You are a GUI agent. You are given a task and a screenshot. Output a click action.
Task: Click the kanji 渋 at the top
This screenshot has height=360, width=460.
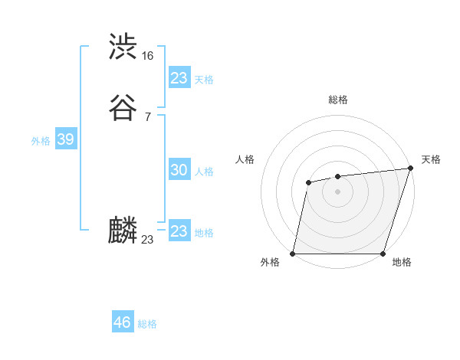(123, 47)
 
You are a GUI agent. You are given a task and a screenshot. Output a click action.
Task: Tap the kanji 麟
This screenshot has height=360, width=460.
(123, 231)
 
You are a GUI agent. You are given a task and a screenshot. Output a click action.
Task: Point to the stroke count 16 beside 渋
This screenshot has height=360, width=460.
(147, 56)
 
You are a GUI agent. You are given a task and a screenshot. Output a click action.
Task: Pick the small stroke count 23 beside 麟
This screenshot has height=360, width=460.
(147, 240)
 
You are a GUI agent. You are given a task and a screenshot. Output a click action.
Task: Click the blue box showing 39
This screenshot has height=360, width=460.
(65, 139)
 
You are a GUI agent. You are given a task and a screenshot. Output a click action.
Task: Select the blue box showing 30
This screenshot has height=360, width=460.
(179, 170)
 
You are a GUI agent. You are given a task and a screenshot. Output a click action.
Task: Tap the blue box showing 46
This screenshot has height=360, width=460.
(122, 322)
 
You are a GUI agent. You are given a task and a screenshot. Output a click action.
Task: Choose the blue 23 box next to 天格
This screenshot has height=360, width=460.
(179, 78)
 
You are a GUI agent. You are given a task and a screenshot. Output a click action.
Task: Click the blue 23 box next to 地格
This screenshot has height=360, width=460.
(179, 231)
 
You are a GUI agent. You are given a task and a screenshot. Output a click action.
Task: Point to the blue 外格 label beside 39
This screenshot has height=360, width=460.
(41, 141)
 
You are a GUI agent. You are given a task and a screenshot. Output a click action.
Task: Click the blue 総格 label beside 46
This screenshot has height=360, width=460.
(147, 324)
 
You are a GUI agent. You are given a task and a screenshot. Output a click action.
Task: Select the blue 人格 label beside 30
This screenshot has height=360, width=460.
(205, 172)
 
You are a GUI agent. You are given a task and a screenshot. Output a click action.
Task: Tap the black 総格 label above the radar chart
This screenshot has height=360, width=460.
(338, 100)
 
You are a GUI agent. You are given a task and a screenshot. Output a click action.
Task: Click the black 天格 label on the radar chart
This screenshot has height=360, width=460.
(431, 159)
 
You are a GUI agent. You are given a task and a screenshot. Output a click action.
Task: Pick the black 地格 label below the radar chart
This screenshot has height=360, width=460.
(402, 263)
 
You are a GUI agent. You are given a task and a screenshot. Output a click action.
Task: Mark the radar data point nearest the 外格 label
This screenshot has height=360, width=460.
(293, 254)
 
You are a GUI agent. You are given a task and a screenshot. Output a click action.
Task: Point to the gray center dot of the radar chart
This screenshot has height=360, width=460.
(337, 191)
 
